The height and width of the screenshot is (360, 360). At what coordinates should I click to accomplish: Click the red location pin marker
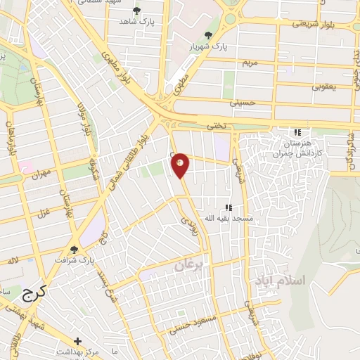(181, 165)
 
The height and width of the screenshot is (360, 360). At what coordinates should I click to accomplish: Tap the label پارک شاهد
(136, 22)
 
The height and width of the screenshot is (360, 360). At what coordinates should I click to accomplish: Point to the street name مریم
(252, 63)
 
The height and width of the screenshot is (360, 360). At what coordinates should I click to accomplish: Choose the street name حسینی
(243, 103)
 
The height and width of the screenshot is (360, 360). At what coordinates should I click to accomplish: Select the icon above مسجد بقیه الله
(227, 207)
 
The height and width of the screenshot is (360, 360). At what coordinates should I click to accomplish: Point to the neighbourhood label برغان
(188, 266)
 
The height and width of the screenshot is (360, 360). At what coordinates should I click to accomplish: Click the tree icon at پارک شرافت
(74, 249)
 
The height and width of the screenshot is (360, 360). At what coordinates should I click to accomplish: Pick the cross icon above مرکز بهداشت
(77, 341)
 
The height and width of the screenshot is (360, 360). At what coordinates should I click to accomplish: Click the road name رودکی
(189, 224)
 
